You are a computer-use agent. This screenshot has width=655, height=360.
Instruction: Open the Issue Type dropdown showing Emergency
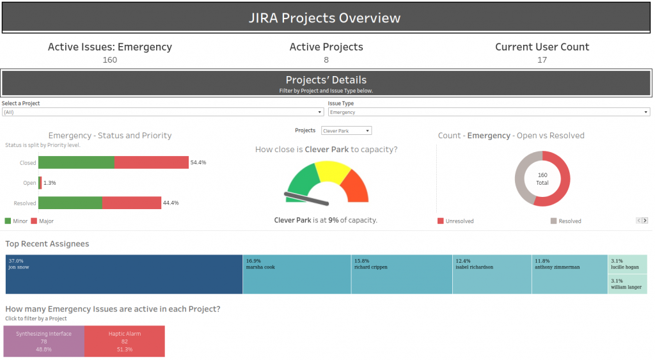(x=489, y=112)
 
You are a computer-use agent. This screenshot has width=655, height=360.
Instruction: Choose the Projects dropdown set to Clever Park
(x=346, y=130)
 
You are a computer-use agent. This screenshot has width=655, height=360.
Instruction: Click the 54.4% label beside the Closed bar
(x=198, y=163)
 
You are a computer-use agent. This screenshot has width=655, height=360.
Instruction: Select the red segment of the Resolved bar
(x=131, y=203)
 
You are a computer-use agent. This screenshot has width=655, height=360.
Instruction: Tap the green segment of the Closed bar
(x=76, y=162)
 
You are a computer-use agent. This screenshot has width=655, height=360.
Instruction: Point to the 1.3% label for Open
(x=50, y=183)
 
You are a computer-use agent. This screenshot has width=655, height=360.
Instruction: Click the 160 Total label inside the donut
(x=542, y=179)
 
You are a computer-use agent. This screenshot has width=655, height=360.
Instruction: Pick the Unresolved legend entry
(x=456, y=221)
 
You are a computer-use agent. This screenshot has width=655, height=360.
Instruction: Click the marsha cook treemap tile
(x=297, y=274)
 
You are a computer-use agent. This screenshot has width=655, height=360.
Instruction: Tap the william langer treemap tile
(x=627, y=284)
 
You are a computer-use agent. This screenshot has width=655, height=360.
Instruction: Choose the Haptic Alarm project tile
(x=124, y=341)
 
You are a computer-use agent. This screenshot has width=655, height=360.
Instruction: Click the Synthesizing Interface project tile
(x=43, y=341)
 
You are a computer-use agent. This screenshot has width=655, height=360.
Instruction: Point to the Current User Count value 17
(x=542, y=60)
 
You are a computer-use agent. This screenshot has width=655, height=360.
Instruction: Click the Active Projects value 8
(x=326, y=60)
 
